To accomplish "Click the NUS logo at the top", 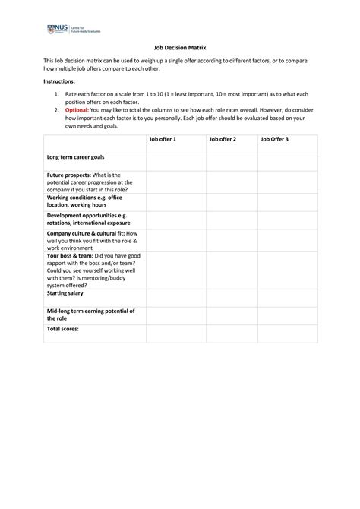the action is (74, 30).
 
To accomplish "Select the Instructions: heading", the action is (59, 81).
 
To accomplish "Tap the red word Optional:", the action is (77, 109).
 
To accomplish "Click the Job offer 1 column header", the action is (163, 140).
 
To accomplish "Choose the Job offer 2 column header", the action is (223, 140).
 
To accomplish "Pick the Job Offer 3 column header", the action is (275, 140).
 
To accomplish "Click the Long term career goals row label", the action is (77, 157).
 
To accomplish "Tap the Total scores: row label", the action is (63, 329).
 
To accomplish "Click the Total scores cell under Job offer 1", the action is (175, 333).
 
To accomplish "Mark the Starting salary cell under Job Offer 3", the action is (287, 297).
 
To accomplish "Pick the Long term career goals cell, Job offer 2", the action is (231, 161).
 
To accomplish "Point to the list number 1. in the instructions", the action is (57, 93).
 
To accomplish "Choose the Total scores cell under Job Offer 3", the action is (287, 333).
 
